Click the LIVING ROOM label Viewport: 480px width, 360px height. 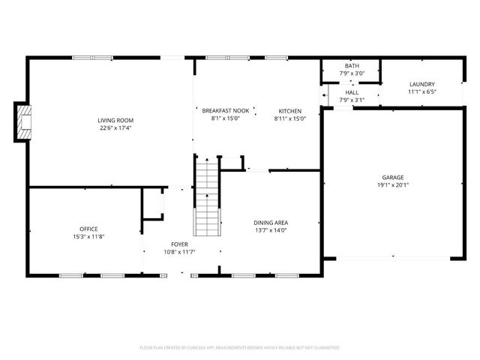pyautogui.click(x=115, y=120)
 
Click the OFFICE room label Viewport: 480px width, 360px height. pyautogui.click(x=88, y=229)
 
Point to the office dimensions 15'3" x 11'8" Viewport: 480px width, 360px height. pyautogui.click(x=88, y=237)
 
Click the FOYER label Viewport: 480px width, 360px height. pyautogui.click(x=179, y=244)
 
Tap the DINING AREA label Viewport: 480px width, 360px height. pyautogui.click(x=271, y=222)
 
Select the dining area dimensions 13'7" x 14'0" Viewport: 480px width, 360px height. pyautogui.click(x=271, y=230)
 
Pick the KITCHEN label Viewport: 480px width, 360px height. pyautogui.click(x=290, y=110)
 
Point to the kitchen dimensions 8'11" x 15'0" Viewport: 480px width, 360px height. pyautogui.click(x=290, y=118)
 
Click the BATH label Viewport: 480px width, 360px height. pyautogui.click(x=352, y=66)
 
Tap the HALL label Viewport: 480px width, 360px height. pyautogui.click(x=352, y=91)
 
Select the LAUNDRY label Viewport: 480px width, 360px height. pyautogui.click(x=421, y=84)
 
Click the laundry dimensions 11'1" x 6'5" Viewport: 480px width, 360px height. pyautogui.click(x=421, y=92)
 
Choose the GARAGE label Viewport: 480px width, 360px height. pyautogui.click(x=391, y=177)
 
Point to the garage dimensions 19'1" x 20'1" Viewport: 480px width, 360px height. pyautogui.click(x=391, y=185)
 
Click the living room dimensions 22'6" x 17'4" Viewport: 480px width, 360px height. pyautogui.click(x=115, y=128)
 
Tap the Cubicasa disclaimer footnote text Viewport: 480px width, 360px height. pyautogui.click(x=240, y=348)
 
